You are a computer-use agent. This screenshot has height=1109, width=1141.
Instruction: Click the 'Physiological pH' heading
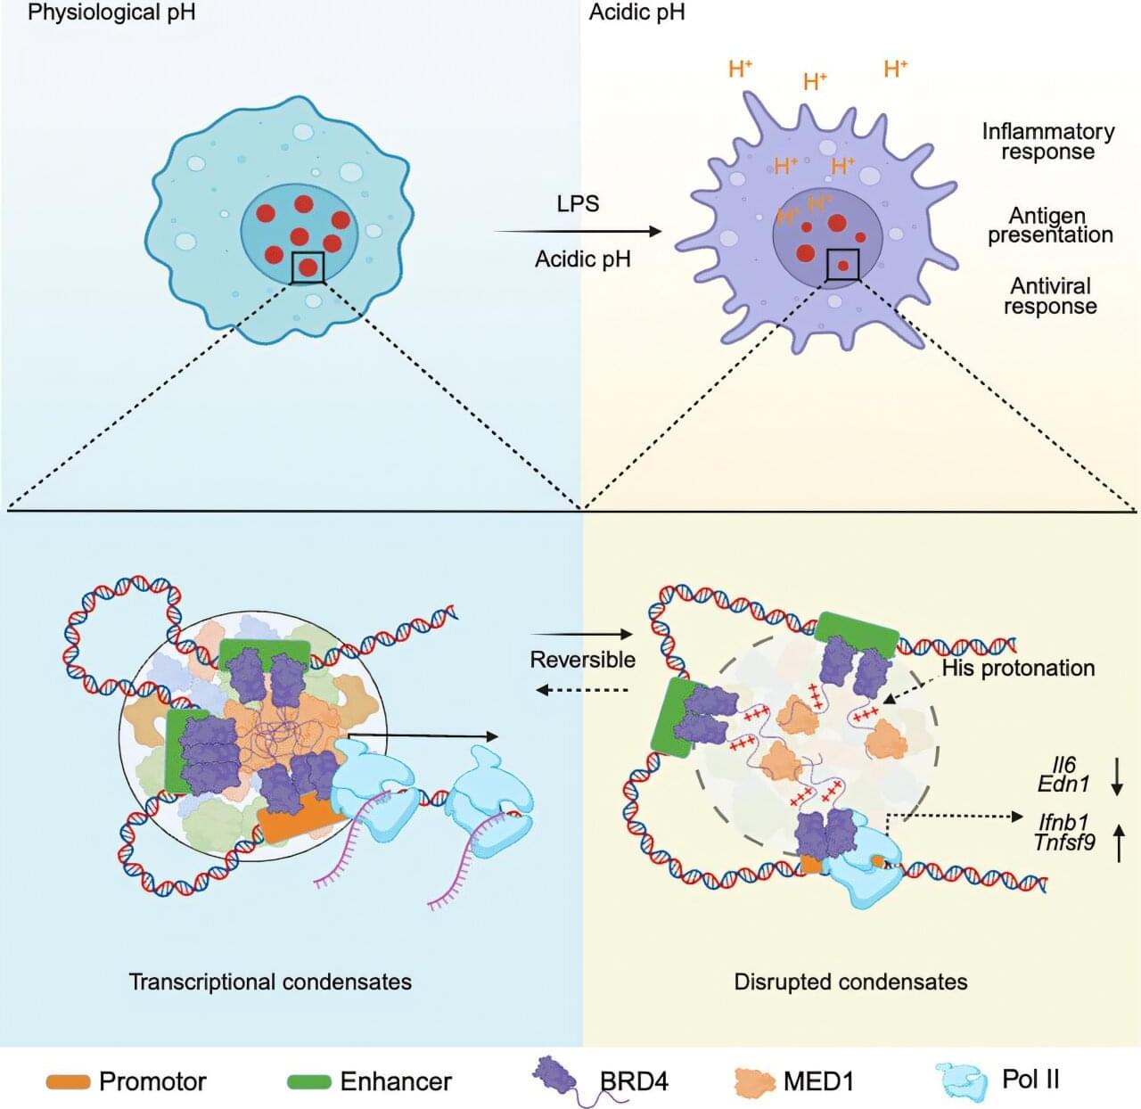[x=111, y=12]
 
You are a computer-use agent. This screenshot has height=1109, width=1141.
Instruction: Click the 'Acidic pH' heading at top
[x=636, y=12]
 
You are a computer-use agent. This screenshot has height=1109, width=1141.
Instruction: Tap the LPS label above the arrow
[x=578, y=203]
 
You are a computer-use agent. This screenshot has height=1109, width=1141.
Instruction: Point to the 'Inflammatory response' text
[x=1048, y=142]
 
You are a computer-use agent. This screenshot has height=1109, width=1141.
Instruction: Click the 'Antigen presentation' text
[x=1049, y=226]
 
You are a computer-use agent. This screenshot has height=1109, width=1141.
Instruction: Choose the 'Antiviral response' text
[x=1050, y=296]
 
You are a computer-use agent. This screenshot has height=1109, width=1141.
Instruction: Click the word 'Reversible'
[x=583, y=660]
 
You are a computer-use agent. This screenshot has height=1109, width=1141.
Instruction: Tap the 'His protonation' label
[x=1018, y=668]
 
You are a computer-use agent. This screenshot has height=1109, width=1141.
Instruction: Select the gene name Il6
[x=1064, y=765]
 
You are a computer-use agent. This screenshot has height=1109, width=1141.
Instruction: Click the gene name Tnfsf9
[x=1064, y=842]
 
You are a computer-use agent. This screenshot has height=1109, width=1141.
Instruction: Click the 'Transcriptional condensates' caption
[x=270, y=982]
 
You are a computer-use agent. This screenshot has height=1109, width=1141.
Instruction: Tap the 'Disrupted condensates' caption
[x=850, y=982]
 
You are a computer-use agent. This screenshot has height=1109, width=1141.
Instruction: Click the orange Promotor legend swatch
[x=69, y=1082]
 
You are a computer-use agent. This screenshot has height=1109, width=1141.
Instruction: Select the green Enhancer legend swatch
[x=309, y=1082]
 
